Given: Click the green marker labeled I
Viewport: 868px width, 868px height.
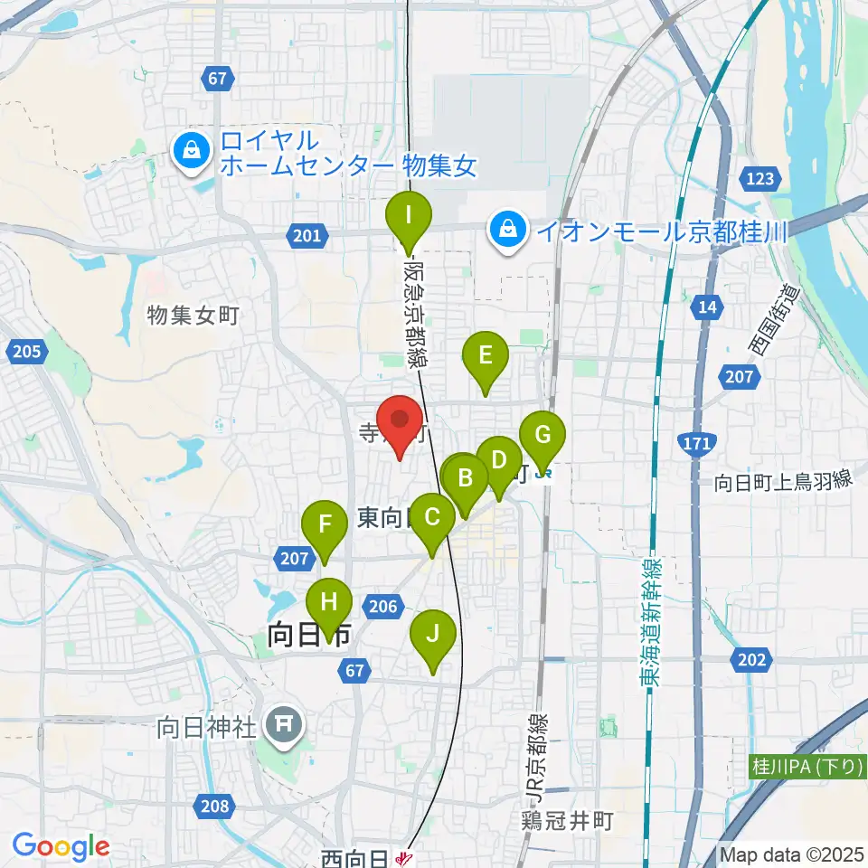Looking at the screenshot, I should (409, 217).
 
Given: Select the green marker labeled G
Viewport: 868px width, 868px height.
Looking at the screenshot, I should (542, 436).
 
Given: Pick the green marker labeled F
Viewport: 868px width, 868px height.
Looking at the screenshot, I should (325, 524).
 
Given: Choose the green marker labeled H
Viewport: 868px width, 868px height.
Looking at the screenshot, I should (329, 601).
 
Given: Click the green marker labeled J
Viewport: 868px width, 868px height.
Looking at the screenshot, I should (433, 633).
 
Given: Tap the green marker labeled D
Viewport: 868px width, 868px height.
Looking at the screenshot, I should (499, 459).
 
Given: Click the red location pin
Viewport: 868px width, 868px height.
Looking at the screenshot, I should (399, 422).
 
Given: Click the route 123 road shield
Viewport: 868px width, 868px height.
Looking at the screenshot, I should (759, 179).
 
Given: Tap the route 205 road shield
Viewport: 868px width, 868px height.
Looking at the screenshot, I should (27, 352).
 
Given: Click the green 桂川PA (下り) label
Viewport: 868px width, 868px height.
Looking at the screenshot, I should (807, 768).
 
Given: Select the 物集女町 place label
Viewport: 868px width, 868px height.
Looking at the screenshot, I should (193, 316).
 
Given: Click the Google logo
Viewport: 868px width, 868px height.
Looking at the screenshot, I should (61, 847).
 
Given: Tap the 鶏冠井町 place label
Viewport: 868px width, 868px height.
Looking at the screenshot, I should (567, 821).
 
